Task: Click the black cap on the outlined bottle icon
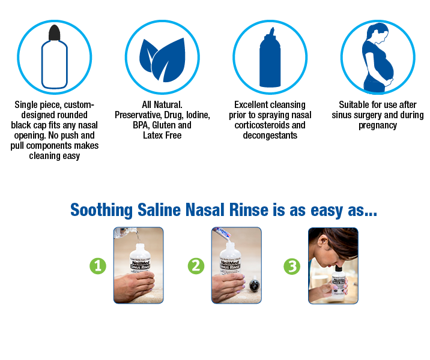[x=54, y=33]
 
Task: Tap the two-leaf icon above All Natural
[x=162, y=60]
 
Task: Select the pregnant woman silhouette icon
[x=378, y=58]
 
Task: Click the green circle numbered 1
[x=98, y=266]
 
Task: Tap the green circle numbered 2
[x=196, y=266]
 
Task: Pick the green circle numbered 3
[x=292, y=266]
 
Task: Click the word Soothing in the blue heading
[x=101, y=210]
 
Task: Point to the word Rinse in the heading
[x=249, y=210]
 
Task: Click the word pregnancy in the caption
[x=378, y=125]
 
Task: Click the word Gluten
[x=164, y=125]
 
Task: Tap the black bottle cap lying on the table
[x=254, y=286]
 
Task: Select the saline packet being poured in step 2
[x=224, y=233]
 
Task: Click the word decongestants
[x=270, y=136]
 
